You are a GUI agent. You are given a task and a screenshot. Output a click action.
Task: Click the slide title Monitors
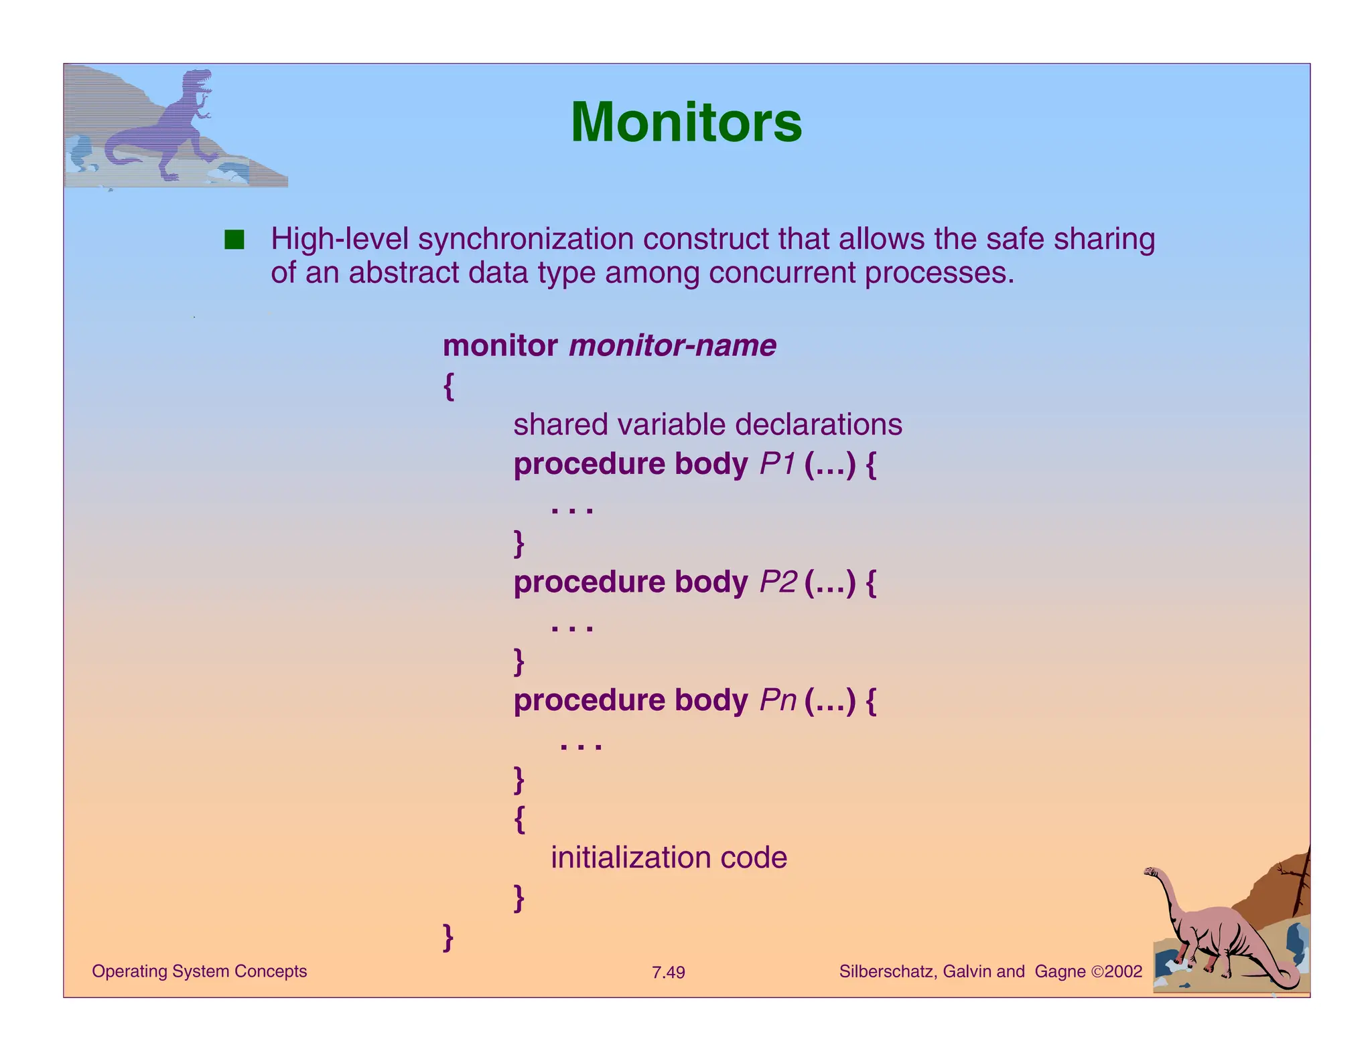pyautogui.click(x=685, y=123)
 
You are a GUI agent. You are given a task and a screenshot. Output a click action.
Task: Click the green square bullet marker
pyautogui.click(x=234, y=240)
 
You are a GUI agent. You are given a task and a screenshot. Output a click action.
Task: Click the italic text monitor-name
pyautogui.click(x=672, y=346)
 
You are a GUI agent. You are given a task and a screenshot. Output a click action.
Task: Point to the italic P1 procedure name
pyautogui.click(x=777, y=464)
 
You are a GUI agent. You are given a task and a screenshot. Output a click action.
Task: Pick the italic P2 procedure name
pyautogui.click(x=778, y=582)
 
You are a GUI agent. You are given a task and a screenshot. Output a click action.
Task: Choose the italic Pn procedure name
pyautogui.click(x=778, y=700)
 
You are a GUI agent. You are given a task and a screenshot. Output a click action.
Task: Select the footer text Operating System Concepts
pyautogui.click(x=199, y=971)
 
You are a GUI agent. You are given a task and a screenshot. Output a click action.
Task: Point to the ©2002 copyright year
pyautogui.click(x=1116, y=971)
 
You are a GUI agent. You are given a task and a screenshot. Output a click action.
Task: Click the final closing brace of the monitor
pyautogui.click(x=448, y=936)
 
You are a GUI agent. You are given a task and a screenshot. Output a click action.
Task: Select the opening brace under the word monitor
pyautogui.click(x=448, y=386)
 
